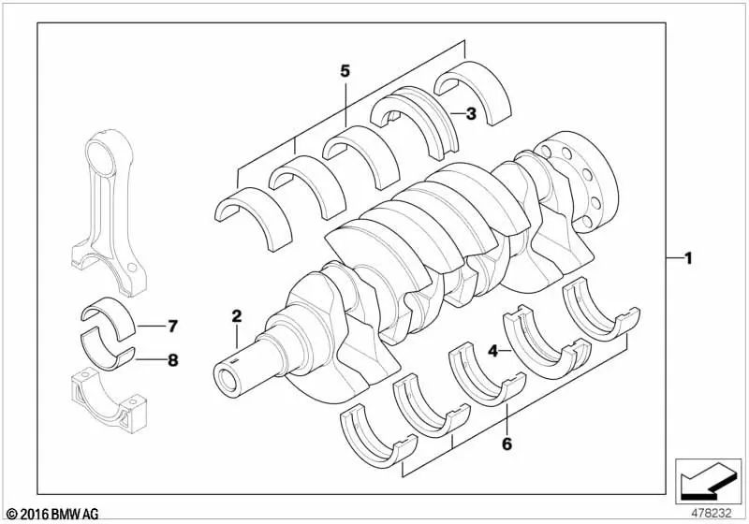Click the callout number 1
[688, 258]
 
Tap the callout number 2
[237, 316]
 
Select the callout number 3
[471, 113]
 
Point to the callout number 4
[493, 351]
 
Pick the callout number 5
[345, 71]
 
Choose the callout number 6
[507, 444]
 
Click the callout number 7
[172, 327]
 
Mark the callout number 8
[172, 360]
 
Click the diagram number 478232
[712, 514]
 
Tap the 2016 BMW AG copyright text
[52, 514]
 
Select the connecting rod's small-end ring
[102, 152]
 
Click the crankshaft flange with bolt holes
[578, 182]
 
